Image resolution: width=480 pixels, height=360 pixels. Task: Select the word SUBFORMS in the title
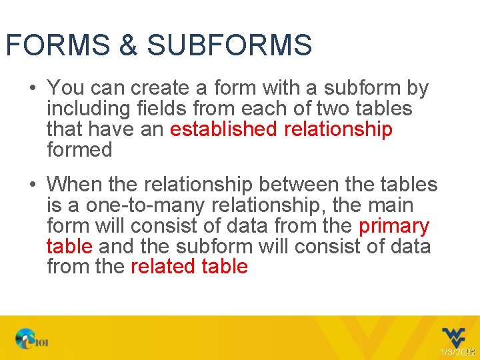(229, 45)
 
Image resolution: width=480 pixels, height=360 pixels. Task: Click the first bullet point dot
(32, 88)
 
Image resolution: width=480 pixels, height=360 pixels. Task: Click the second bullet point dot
(32, 184)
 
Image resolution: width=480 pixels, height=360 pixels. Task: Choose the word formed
(79, 149)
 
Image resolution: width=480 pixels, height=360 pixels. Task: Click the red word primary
(394, 226)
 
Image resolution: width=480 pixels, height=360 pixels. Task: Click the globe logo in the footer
(26, 339)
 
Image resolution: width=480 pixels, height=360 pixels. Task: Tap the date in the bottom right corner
(457, 351)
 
